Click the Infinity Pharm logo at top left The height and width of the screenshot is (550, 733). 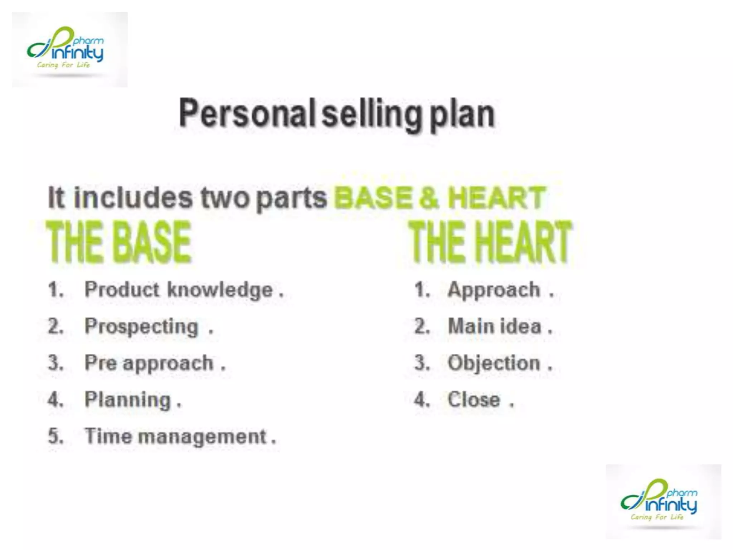[x=69, y=49]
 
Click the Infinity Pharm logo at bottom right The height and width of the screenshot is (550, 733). [x=663, y=501]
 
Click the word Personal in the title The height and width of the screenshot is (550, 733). [x=247, y=114]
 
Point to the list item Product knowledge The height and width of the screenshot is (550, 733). [x=179, y=290]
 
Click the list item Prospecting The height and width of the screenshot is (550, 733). [x=141, y=327]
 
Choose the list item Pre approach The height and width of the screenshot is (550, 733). [x=149, y=363]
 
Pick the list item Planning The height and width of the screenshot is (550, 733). [x=128, y=400]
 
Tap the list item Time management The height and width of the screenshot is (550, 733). [x=175, y=436]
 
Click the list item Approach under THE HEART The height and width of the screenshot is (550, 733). [x=494, y=290]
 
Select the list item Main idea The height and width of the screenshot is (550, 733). [x=495, y=327]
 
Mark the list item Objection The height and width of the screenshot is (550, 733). [x=494, y=363]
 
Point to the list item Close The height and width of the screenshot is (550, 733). [x=474, y=400]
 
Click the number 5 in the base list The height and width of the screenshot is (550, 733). [x=55, y=436]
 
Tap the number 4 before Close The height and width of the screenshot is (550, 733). [x=421, y=400]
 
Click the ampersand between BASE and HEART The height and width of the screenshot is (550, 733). [x=429, y=198]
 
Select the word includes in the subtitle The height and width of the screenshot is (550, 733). [x=133, y=198]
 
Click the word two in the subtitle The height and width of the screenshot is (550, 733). [x=225, y=198]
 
